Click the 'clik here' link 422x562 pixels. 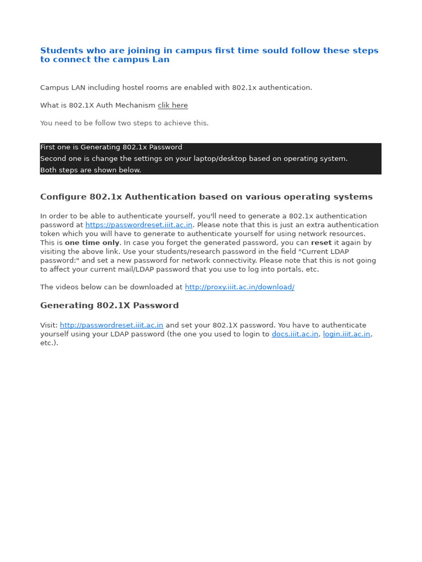click(x=173, y=105)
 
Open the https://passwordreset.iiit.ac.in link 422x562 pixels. click(x=139, y=225)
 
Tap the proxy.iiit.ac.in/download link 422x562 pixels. click(x=240, y=287)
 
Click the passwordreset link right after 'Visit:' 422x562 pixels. click(x=112, y=325)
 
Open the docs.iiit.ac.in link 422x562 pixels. click(x=295, y=334)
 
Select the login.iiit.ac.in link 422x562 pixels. click(x=346, y=334)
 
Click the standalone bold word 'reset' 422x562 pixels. click(x=321, y=243)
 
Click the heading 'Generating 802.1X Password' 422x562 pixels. click(x=109, y=306)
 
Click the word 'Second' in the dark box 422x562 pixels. click(x=53, y=159)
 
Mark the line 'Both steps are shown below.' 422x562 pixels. click(x=91, y=170)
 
